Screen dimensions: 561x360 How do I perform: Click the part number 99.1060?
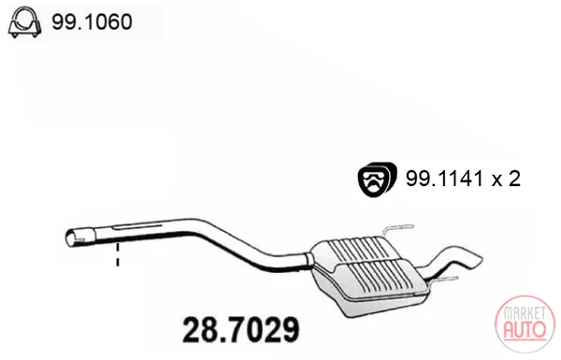coord(92,22)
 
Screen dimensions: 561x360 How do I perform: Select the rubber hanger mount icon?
coord(377,180)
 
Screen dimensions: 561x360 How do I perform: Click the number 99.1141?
coord(444,179)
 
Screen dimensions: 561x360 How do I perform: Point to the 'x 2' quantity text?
coord(506,179)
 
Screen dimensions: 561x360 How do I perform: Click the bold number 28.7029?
coord(241,329)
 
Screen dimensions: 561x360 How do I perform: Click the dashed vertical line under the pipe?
coord(118,254)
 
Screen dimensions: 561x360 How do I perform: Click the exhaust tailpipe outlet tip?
coord(475,259)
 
